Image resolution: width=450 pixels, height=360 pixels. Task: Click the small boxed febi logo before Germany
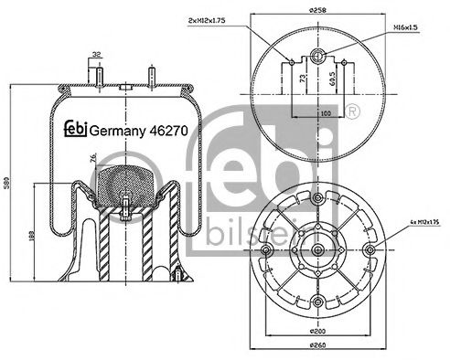tap(78, 131)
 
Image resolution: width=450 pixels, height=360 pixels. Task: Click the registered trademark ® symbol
tap(352, 111)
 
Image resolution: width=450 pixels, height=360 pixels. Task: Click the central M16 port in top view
tap(316, 55)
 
